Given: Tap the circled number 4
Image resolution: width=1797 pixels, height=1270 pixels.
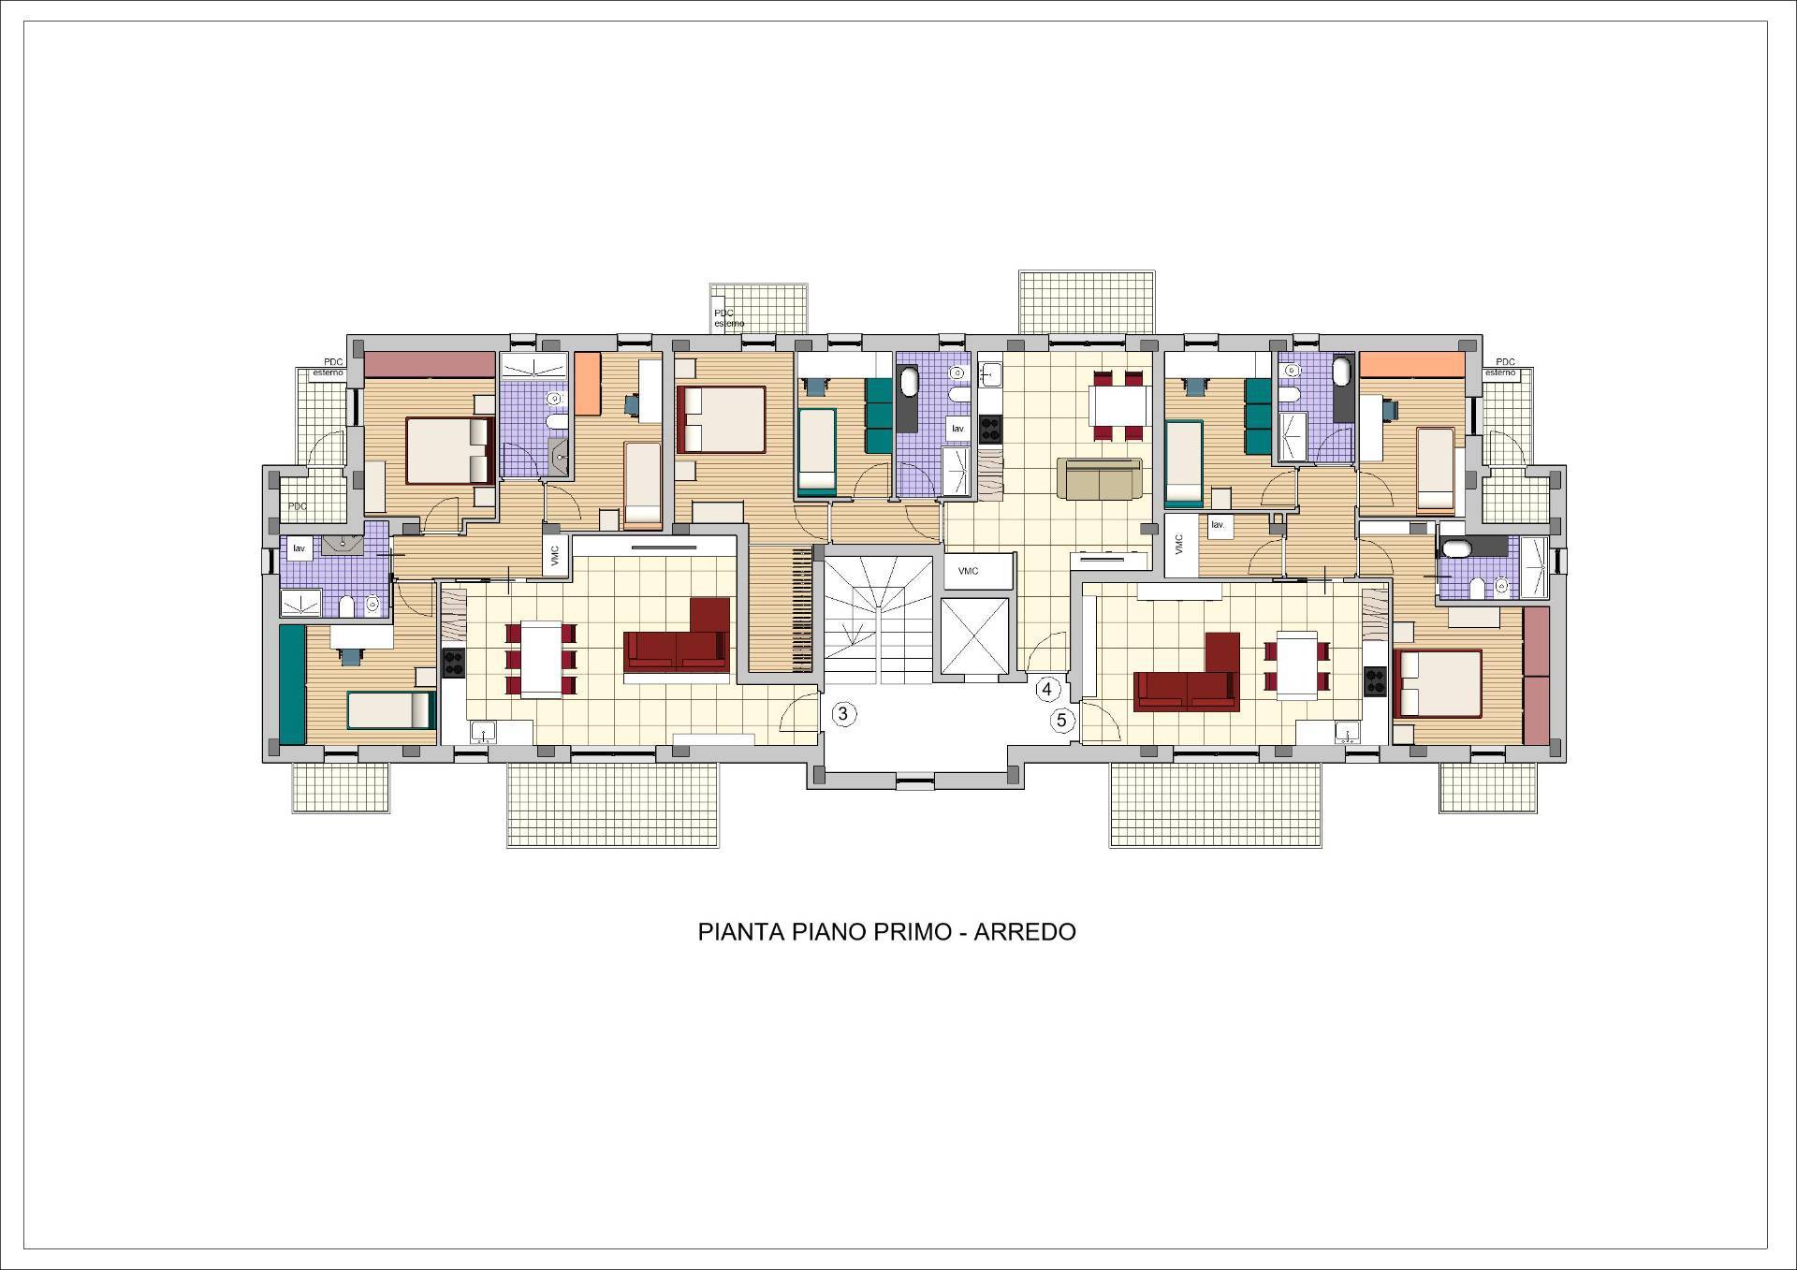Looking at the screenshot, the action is tap(1046, 690).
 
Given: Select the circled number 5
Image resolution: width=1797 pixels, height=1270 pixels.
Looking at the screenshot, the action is tap(1062, 721).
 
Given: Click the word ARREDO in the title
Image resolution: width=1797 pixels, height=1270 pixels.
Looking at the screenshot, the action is tap(1025, 932).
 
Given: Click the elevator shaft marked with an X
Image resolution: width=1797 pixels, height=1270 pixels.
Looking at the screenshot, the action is tap(975, 635).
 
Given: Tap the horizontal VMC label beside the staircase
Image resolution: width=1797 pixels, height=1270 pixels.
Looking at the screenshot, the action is tap(969, 571).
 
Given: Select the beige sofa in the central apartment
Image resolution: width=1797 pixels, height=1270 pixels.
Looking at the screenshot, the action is tap(1100, 478).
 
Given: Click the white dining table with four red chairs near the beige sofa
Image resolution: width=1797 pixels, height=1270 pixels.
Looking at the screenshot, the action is tap(1119, 405).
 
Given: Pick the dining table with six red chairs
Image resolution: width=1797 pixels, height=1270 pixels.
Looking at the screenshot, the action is tap(541, 659).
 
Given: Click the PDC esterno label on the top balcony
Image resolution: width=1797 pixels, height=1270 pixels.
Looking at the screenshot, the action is tap(730, 318).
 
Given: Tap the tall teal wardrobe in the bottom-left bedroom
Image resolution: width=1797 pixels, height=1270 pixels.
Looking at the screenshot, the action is tap(293, 685).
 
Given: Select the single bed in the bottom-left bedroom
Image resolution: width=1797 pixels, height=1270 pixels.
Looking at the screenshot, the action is tap(391, 710).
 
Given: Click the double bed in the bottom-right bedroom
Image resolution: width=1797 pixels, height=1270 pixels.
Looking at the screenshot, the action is tap(1439, 684).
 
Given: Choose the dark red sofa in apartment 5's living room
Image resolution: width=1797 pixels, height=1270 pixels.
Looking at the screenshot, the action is tap(1187, 673).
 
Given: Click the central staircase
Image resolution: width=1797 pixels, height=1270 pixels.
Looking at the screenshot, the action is tap(879, 620).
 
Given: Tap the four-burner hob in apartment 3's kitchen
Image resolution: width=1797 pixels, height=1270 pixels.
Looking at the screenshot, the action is tap(453, 663).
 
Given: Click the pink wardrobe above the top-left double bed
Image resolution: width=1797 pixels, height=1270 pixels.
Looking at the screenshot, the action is tap(430, 365).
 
